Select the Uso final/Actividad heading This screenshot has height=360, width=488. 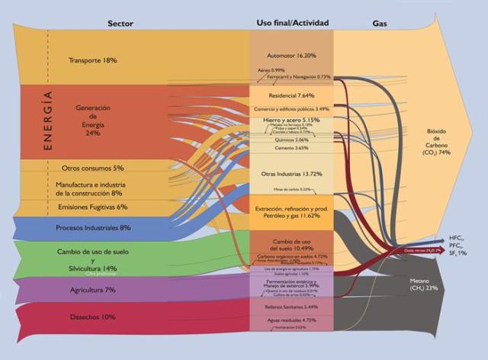292,24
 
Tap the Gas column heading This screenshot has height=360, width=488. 380,24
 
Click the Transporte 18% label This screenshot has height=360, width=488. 93,60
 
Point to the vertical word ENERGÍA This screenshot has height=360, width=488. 48,121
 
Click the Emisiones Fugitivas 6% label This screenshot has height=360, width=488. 92,207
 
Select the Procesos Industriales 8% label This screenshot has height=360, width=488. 94,227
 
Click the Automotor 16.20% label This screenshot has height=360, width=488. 291,56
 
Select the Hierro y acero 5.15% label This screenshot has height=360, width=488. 291,120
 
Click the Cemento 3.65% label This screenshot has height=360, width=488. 291,149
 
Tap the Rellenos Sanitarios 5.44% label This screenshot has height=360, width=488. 291,306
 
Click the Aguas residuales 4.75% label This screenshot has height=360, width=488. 291,320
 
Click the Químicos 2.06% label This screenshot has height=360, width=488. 291,140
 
